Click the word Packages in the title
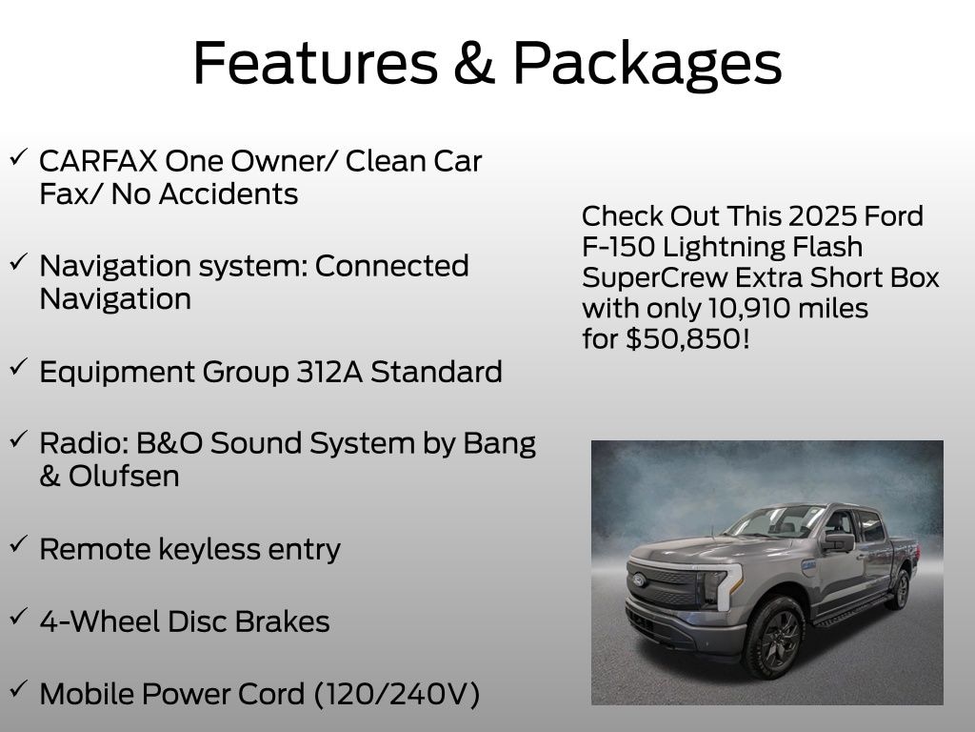[x=647, y=63]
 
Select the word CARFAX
[x=97, y=161]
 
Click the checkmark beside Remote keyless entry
[x=18, y=544]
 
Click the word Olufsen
[x=124, y=476]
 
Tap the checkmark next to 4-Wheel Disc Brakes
[x=18, y=617]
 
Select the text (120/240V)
[x=396, y=694]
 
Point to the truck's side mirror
[x=839, y=542]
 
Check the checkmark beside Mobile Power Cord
[x=18, y=689]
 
